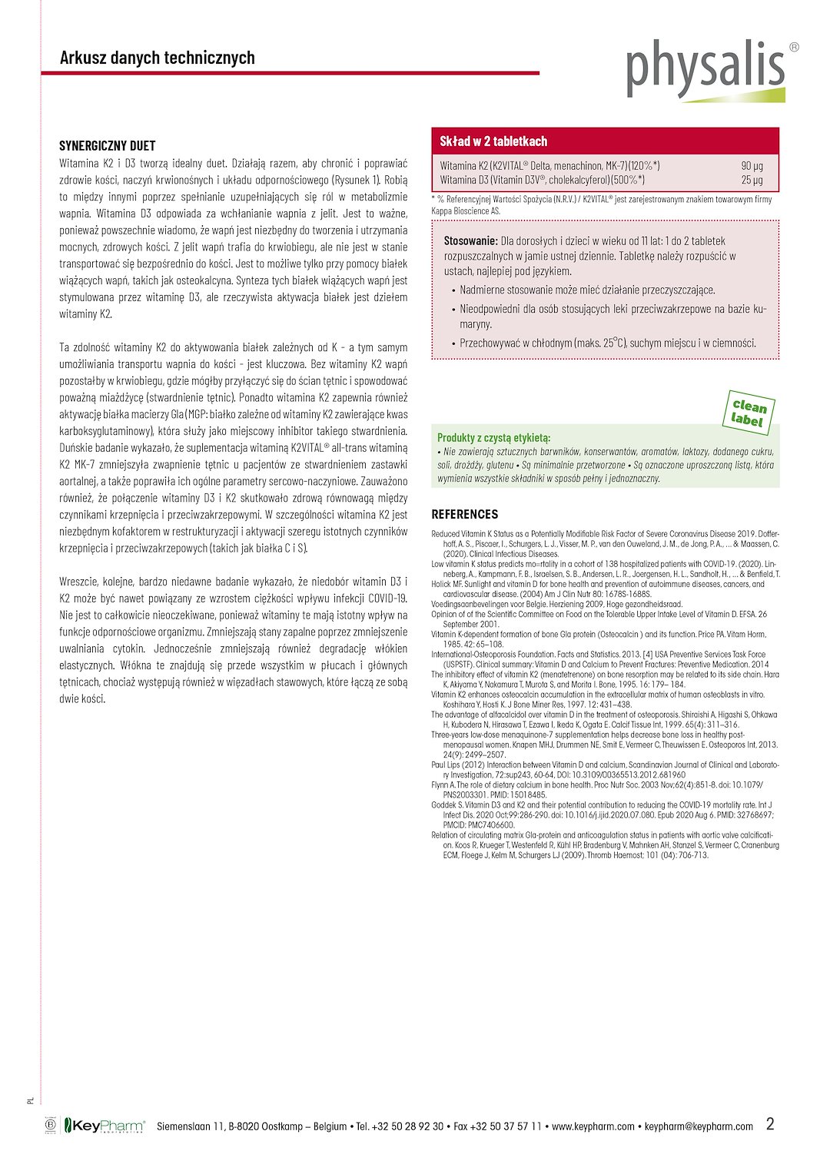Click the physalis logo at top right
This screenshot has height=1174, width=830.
click(x=705, y=69)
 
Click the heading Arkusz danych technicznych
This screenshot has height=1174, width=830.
click(x=157, y=58)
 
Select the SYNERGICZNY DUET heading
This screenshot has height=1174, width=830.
click(x=108, y=145)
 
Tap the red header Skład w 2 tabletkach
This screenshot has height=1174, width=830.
click(x=493, y=141)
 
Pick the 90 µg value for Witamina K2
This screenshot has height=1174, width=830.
click(x=752, y=165)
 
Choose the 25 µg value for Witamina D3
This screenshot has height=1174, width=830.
click(x=752, y=180)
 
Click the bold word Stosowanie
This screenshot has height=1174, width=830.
click(x=470, y=240)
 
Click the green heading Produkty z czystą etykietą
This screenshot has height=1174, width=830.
click(x=493, y=437)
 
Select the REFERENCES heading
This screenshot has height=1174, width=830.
click(x=464, y=514)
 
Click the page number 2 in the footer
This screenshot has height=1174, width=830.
click(x=770, y=1123)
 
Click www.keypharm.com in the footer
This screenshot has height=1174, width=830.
click(x=593, y=1126)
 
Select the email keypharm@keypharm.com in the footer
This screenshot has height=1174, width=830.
click(x=699, y=1126)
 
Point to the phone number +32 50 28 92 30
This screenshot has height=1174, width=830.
click(x=407, y=1126)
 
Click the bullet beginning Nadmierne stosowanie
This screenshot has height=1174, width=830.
click(x=587, y=290)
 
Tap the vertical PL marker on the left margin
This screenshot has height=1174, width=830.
click(x=31, y=1100)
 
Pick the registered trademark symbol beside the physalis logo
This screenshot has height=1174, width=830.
click(x=794, y=47)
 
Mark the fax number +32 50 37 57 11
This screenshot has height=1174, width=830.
click(x=506, y=1126)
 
